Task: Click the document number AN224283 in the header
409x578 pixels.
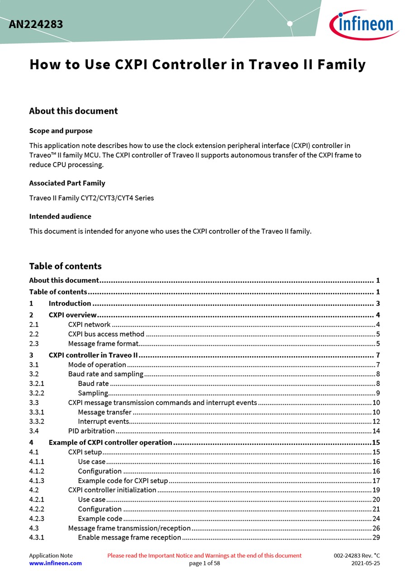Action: click(x=36, y=24)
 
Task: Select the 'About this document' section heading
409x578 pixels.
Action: click(x=73, y=111)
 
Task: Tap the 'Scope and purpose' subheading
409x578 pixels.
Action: click(x=61, y=131)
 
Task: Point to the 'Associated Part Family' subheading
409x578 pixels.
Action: click(x=67, y=183)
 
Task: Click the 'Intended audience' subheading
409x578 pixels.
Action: click(x=60, y=217)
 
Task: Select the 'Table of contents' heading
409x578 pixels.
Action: click(x=65, y=266)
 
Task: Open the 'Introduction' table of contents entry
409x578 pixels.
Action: click(x=70, y=303)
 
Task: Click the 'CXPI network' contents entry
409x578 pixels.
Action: click(x=89, y=325)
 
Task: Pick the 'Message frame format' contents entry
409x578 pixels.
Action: click(x=103, y=344)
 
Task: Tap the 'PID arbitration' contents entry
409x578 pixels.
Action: click(x=91, y=431)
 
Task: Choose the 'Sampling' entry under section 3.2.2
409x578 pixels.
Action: click(x=93, y=393)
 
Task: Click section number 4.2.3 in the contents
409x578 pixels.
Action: click(x=37, y=519)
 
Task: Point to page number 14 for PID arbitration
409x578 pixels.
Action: click(x=376, y=431)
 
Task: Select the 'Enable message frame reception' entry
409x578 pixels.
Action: click(x=129, y=538)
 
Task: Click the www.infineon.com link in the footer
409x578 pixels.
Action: click(x=56, y=564)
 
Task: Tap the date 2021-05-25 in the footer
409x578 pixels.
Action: click(x=366, y=564)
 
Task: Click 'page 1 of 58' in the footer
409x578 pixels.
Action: click(x=204, y=564)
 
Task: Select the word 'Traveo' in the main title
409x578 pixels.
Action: click(x=273, y=65)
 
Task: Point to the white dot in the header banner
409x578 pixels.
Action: click(x=290, y=23)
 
